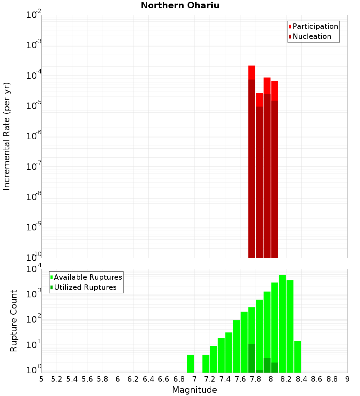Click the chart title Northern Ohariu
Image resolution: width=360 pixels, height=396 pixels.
click(x=180, y=6)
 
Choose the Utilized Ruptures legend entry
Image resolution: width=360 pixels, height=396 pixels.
click(x=85, y=287)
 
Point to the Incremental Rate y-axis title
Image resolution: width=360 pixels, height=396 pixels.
click(x=6, y=136)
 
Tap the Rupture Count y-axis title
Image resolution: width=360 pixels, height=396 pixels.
click(x=14, y=321)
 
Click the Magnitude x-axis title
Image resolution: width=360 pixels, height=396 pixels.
click(x=194, y=390)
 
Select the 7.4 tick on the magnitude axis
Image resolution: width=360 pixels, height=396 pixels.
click(x=225, y=379)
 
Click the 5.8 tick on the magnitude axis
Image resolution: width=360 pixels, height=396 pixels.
click(x=103, y=379)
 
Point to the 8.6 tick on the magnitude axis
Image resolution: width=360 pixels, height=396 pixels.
click(x=317, y=379)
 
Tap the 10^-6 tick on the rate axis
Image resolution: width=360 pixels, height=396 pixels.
click(x=34, y=136)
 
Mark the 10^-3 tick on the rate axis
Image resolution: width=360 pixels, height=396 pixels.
click(x=34, y=45)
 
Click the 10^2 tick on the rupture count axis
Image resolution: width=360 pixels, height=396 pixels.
click(x=34, y=319)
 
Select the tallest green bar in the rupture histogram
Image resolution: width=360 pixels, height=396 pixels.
click(x=282, y=324)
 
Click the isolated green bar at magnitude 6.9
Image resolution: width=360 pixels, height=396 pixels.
click(x=190, y=364)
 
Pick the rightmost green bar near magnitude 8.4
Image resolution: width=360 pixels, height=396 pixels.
click(x=297, y=356)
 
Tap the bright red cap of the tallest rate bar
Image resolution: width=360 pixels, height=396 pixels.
click(x=252, y=72)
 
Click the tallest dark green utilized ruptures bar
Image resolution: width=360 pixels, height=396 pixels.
click(x=252, y=358)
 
